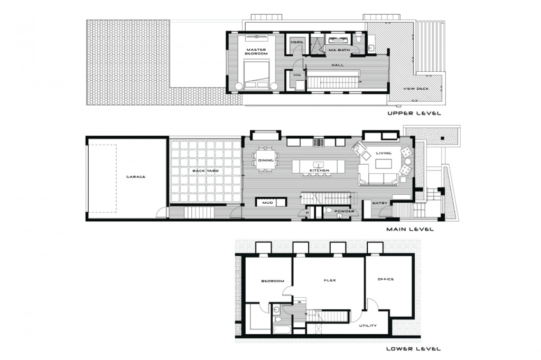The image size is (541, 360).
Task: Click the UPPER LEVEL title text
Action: (x=414, y=113)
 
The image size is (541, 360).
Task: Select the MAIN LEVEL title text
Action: (x=410, y=229)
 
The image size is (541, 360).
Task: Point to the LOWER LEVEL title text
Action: (x=413, y=348)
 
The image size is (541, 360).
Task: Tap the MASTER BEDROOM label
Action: (x=256, y=52)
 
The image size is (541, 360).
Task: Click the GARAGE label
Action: (x=136, y=176)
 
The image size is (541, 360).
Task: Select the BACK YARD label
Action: (x=206, y=170)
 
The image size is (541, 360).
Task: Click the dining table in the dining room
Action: (x=266, y=160)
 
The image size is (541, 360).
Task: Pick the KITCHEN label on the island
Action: (x=319, y=170)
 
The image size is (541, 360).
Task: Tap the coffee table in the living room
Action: (x=384, y=165)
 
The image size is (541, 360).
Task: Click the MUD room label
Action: (x=267, y=203)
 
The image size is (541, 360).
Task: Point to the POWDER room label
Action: (x=344, y=211)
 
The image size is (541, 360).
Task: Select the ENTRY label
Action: (x=379, y=203)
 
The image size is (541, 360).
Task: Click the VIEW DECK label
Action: (x=416, y=89)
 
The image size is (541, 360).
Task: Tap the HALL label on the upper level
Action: (x=338, y=65)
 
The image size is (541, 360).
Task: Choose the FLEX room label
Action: (x=330, y=280)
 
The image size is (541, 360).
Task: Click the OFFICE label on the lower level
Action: (x=385, y=279)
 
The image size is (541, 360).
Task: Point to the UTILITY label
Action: (x=368, y=326)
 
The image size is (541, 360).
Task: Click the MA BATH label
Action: (x=339, y=50)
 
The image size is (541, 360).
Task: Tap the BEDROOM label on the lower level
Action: (x=273, y=281)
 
